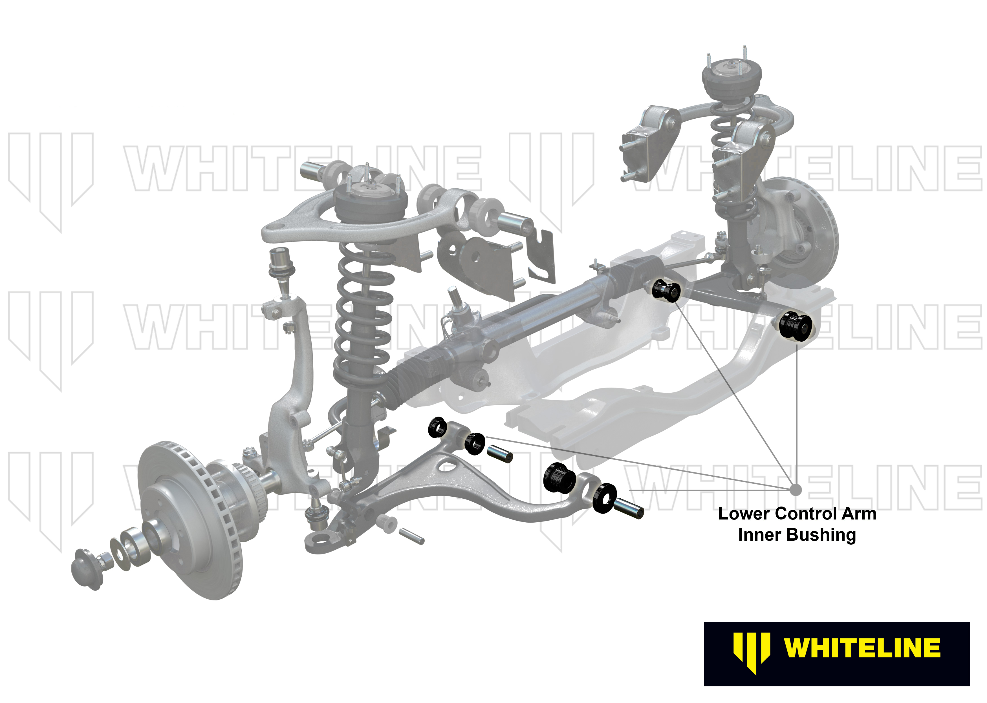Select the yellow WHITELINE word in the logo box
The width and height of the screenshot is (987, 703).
pos(862,648)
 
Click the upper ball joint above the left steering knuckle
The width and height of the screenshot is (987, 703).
pos(281,264)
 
